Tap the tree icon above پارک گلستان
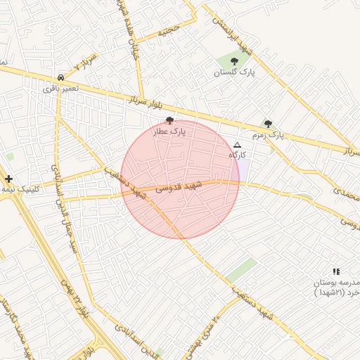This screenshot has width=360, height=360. point(235,62)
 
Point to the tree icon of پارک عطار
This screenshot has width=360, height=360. point(169,121)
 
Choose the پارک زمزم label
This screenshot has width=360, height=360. point(268,134)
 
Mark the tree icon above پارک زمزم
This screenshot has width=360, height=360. point(268,124)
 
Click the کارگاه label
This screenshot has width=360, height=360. point(237,155)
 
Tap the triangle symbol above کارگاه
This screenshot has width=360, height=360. point(236,145)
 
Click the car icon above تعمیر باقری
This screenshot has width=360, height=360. point(61,77)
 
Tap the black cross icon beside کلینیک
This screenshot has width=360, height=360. point(8,179)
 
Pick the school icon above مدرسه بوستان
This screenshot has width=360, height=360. point(336,271)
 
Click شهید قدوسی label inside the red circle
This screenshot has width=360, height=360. point(179,186)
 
